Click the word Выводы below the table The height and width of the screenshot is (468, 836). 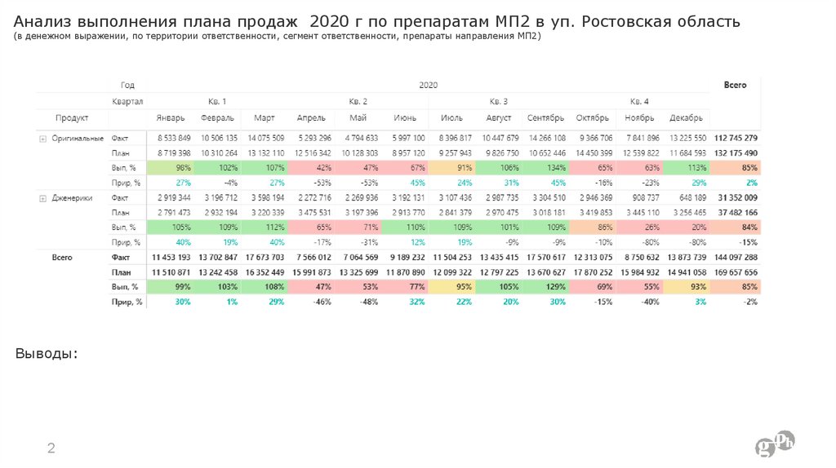pyautogui.click(x=47, y=353)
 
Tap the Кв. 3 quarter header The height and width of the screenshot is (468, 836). pyautogui.click(x=498, y=101)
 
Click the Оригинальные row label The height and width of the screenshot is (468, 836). pyautogui.click(x=78, y=138)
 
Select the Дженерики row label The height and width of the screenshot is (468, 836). pyautogui.click(x=72, y=197)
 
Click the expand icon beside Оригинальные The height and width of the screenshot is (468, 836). pyautogui.click(x=42, y=139)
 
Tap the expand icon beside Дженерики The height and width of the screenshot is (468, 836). pyautogui.click(x=42, y=198)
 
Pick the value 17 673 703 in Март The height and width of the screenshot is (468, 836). pyautogui.click(x=264, y=258)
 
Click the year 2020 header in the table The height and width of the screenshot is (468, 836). pyautogui.click(x=429, y=84)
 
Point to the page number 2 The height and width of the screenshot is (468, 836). pyautogui.click(x=51, y=448)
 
